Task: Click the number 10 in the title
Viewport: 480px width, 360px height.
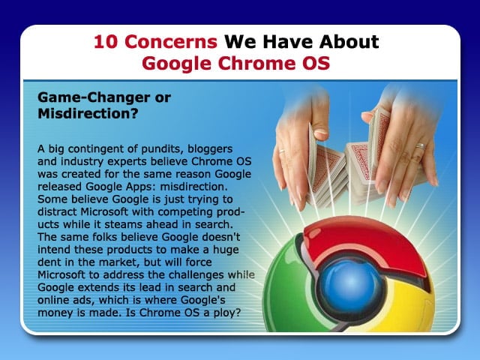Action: pos(105,42)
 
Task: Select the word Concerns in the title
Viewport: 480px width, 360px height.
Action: pos(171,42)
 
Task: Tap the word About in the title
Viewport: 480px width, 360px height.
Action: pos(349,42)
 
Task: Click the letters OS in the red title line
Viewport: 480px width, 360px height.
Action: pos(316,63)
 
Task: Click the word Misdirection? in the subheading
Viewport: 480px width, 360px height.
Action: pos(88,113)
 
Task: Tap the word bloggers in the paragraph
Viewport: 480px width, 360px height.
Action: pos(210,149)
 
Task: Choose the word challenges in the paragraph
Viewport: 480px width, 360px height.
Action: pos(196,275)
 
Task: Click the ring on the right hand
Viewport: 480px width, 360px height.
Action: pos(421,146)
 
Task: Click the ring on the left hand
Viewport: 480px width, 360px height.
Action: pos(282,151)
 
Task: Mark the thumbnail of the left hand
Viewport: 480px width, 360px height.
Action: pos(322,133)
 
